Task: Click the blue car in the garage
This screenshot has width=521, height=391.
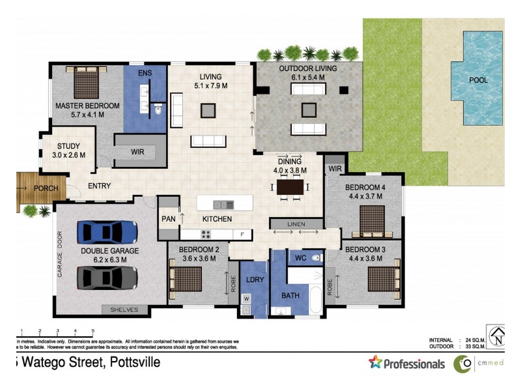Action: [x=107, y=232]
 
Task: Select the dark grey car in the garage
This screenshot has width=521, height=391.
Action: [x=107, y=277]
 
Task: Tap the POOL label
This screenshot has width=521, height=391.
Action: [x=478, y=80]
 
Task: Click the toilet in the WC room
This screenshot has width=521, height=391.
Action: [x=316, y=258]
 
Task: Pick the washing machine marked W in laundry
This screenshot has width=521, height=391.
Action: [x=246, y=299]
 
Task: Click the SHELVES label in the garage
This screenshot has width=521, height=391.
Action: [x=124, y=310]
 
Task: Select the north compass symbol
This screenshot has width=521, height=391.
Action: [x=498, y=336]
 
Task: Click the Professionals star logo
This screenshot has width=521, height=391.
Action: [x=375, y=363]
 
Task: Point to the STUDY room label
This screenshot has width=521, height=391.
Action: [x=68, y=146]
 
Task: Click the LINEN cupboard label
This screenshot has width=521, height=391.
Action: [x=296, y=224]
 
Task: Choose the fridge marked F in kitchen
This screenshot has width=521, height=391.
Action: [x=242, y=235]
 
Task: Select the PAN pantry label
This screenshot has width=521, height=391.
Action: [x=168, y=219]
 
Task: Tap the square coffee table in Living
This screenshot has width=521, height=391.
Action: [x=208, y=111]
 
